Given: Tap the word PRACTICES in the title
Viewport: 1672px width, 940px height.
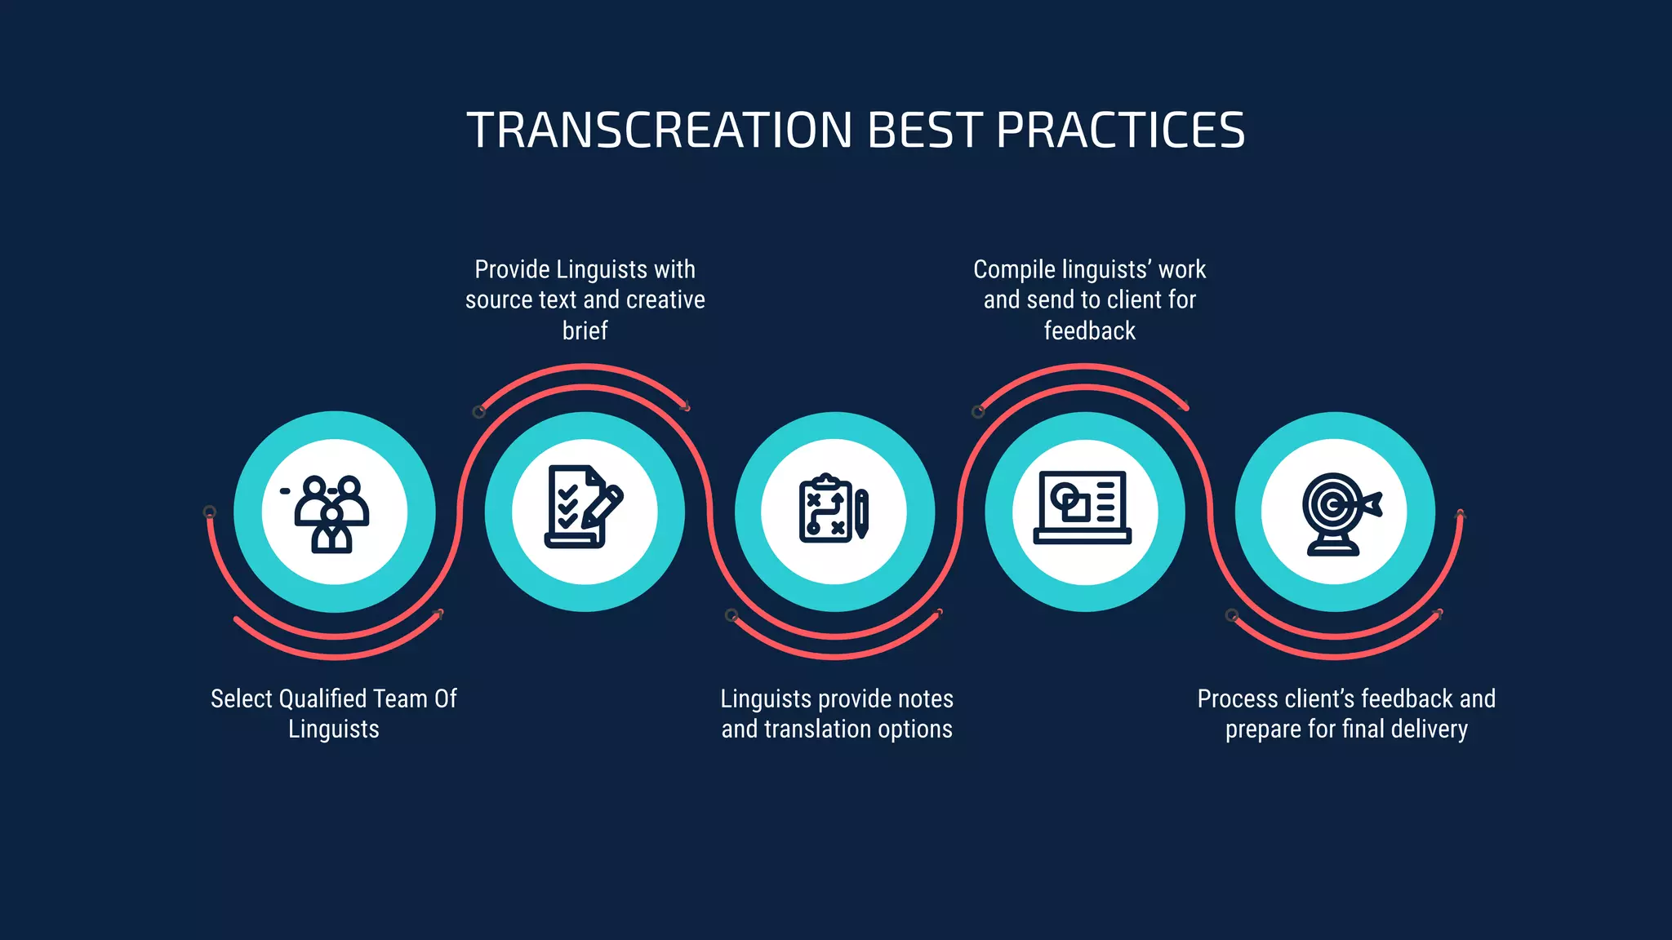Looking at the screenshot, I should (1120, 131).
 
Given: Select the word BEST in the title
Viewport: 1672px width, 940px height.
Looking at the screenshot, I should (924, 131).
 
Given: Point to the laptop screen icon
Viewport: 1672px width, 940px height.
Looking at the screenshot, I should (1083, 508).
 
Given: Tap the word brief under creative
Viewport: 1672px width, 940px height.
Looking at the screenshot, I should (585, 330).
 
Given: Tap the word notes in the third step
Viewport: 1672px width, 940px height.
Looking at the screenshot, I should (925, 699).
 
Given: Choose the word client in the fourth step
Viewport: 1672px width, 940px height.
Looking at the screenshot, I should (1132, 300).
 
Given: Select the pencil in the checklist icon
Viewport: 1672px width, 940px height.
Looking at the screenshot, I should (602, 507).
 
